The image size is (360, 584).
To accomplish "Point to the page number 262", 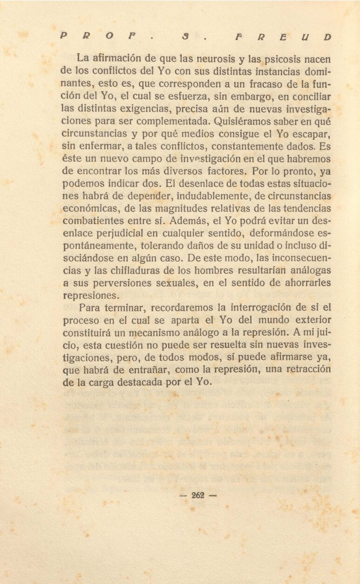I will pyautogui.click(x=198, y=495).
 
